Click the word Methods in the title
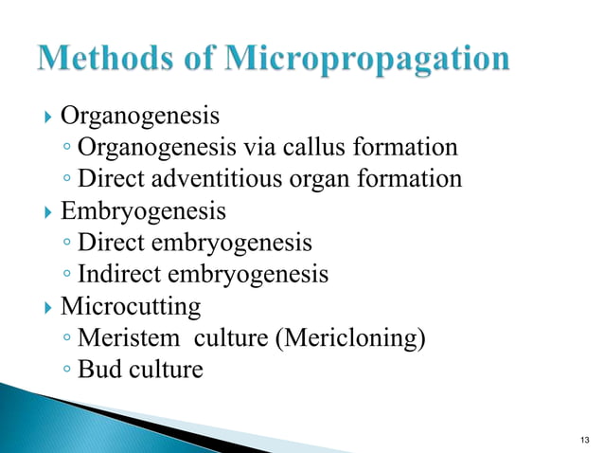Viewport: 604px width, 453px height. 101,60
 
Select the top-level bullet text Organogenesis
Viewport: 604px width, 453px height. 140,117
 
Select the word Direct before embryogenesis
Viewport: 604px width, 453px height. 112,243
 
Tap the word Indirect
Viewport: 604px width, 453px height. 119,275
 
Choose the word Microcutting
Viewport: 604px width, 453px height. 131,307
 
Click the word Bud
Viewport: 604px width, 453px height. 98,369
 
